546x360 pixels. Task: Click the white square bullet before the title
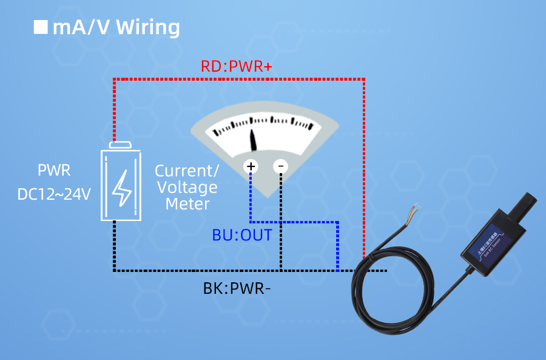[x=41, y=27]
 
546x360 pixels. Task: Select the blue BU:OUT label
[x=242, y=235]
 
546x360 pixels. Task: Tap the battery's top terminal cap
[x=121, y=144]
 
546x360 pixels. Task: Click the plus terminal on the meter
[x=251, y=166]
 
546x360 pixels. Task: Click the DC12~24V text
[x=54, y=194]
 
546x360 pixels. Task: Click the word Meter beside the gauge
[x=187, y=204]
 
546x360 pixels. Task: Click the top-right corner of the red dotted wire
[x=363, y=79]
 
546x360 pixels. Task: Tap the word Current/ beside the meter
[x=187, y=171]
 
